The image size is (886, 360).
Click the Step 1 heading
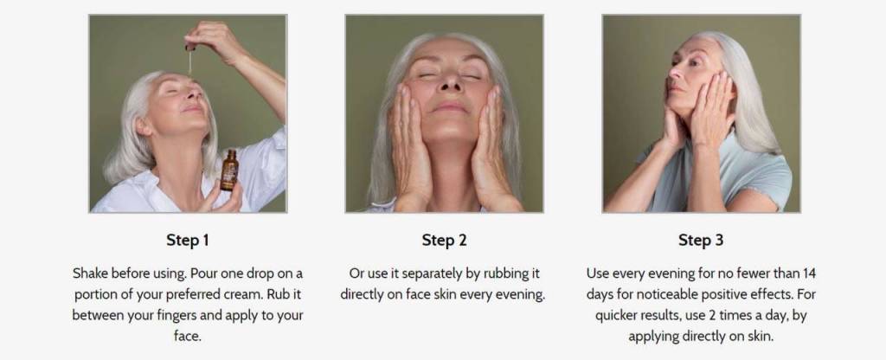coord(188,241)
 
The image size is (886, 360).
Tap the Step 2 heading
coord(444,241)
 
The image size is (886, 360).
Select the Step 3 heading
coord(701,241)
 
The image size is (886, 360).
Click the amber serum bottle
coord(229,170)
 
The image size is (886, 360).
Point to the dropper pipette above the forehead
coord(189,61)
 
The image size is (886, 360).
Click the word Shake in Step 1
coord(90,273)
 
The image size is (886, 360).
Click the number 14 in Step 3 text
coord(809,273)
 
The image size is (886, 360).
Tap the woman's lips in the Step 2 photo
coord(449,106)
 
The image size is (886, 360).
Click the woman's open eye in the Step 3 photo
coord(693,63)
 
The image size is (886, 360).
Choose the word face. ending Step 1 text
coord(188,337)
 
